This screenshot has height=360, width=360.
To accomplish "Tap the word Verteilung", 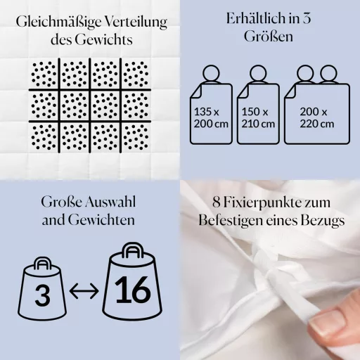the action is (136, 22).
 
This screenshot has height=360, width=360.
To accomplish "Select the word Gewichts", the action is (103, 40).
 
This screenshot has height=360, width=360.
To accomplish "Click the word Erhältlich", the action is (256, 18).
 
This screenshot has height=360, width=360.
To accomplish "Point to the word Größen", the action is (269, 37).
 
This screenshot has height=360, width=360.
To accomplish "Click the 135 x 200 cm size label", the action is (211, 117).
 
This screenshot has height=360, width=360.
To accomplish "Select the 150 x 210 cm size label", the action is (258, 117).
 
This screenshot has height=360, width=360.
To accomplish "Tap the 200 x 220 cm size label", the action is (317, 117).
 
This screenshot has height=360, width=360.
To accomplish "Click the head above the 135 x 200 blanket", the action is (211, 74).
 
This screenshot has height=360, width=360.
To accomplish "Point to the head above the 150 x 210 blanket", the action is (258, 74).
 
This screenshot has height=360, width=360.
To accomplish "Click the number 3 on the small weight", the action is (42, 295).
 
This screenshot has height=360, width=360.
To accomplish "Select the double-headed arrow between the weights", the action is (84, 291).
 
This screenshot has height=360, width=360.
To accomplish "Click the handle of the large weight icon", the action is (133, 250).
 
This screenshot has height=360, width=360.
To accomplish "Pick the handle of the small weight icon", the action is (42, 264).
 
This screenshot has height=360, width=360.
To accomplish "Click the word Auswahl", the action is (110, 202).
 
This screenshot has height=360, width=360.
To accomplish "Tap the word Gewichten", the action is (101, 220).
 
